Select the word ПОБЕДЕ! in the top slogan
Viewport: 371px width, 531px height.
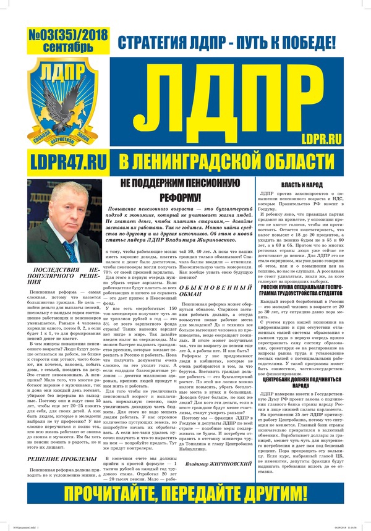[x=309, y=43]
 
